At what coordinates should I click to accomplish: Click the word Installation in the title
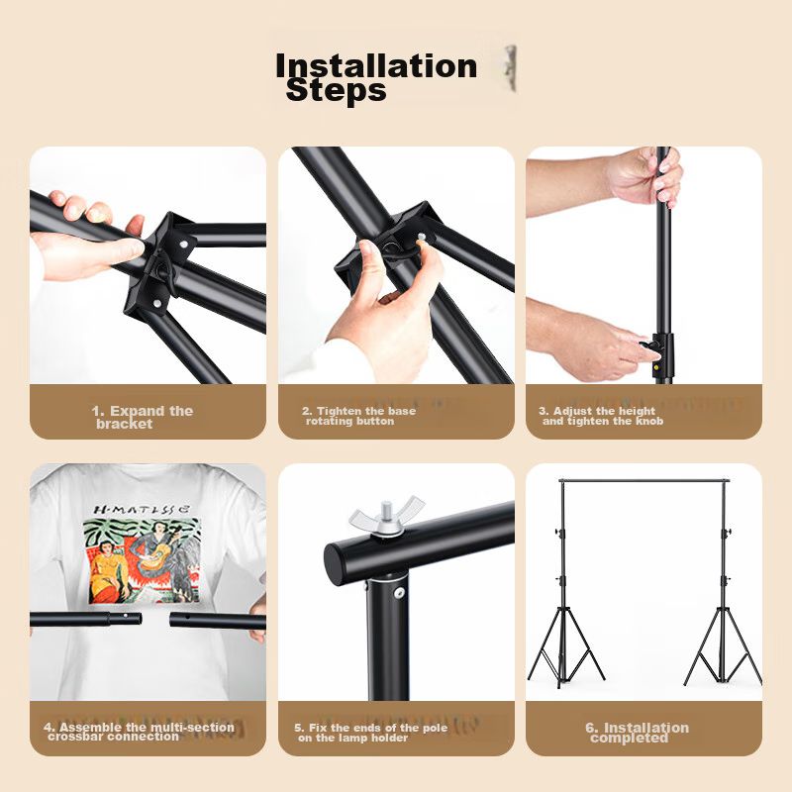point(376,65)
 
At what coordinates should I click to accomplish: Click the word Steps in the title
point(336,91)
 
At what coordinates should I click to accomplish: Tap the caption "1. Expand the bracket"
point(143,417)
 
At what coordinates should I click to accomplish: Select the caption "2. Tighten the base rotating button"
point(358,416)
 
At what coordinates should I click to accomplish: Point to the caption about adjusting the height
point(600,416)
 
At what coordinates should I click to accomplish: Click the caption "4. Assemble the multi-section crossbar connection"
point(139,732)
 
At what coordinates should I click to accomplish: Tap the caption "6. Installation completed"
point(637,733)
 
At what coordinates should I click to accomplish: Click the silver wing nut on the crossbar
point(386,517)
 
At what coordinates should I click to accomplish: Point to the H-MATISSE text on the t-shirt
point(142,509)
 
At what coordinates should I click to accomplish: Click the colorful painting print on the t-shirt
point(142,560)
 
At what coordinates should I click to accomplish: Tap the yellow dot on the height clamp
point(657,367)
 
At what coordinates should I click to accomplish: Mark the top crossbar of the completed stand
point(645,480)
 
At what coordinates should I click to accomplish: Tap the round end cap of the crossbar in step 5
point(335,564)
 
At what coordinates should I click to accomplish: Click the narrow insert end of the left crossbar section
point(126,619)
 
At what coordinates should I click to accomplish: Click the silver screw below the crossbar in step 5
point(400,593)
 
